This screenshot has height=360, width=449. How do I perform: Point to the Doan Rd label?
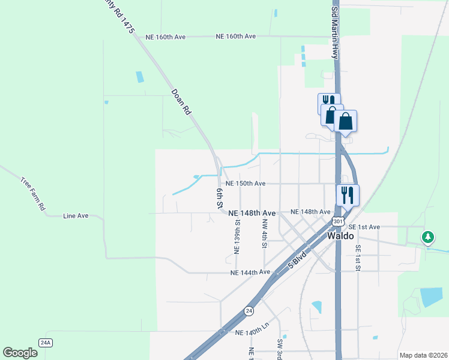pos(181,102)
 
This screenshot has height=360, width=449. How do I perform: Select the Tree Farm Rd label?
pos(33,193)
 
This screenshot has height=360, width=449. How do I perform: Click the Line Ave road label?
pos(76,215)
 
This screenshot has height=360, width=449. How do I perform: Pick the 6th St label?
pos(220,198)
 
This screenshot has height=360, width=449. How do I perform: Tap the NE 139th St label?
pos(237,236)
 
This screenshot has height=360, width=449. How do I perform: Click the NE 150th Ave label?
pos(245,184)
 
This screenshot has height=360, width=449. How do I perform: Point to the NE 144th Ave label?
pos(250,272)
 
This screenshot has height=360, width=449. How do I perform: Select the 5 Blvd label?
pos(298,258)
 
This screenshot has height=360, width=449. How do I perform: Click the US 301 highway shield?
pos(338,222)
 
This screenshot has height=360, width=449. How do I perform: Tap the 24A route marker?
pos(46,343)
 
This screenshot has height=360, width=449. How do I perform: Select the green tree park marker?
pos(427,238)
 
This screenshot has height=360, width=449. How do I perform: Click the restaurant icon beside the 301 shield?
pos(347,194)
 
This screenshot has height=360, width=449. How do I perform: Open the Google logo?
pos(20,353)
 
